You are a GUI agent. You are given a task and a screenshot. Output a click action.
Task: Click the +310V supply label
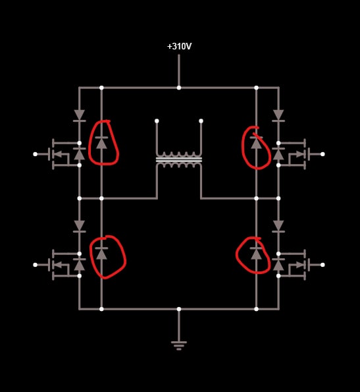(179, 47)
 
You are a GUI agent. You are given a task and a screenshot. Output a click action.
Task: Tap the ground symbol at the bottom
(179, 345)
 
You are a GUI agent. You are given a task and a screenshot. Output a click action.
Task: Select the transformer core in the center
(179, 159)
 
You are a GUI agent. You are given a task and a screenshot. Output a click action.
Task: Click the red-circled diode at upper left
(101, 143)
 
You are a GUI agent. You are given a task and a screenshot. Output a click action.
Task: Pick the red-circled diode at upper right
(256, 143)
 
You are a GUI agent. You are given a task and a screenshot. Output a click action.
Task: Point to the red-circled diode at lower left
(101, 254)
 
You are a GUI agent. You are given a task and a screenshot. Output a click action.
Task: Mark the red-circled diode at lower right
(256, 254)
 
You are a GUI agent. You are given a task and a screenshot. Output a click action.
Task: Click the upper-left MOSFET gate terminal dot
(35, 154)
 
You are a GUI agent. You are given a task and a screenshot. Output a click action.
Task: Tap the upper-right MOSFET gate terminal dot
(322, 154)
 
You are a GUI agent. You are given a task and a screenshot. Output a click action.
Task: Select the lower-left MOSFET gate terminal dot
(35, 265)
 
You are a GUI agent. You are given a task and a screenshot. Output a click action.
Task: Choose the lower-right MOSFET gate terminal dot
(322, 265)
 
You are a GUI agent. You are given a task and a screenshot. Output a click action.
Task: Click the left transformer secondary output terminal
(157, 121)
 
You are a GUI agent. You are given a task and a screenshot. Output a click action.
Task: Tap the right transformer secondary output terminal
(201, 121)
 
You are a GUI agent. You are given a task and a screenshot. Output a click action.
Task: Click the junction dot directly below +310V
(179, 88)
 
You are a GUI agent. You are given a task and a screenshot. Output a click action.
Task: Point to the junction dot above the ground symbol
(179, 309)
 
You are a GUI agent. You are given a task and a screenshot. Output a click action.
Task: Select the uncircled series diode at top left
(80, 115)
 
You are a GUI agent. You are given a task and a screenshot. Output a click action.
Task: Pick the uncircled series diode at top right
(278, 115)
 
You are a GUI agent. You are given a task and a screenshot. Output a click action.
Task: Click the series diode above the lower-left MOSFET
(80, 226)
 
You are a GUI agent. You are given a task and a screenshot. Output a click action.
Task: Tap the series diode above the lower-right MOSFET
(278, 226)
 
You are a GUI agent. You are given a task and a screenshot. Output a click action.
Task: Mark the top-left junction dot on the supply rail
(101, 88)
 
